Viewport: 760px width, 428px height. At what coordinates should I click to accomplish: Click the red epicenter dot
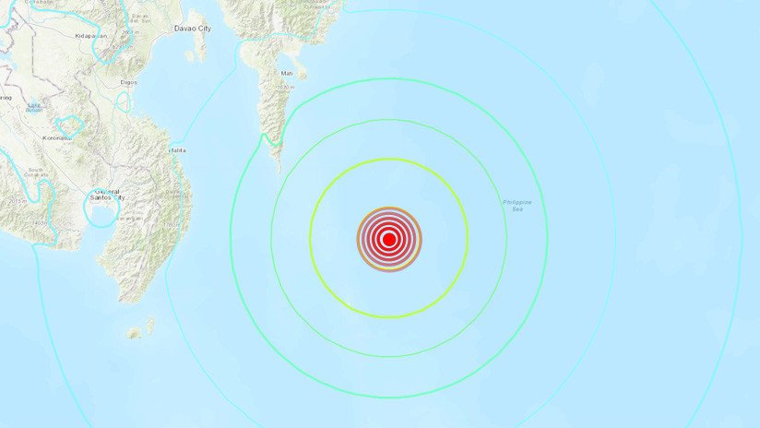point(389,240)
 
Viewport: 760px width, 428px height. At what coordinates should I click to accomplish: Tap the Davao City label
point(193,29)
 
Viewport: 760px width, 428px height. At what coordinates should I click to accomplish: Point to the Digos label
point(129,82)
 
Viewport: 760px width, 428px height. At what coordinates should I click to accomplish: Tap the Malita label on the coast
point(177,149)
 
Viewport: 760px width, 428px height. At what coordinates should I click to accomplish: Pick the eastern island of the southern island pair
point(150,322)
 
